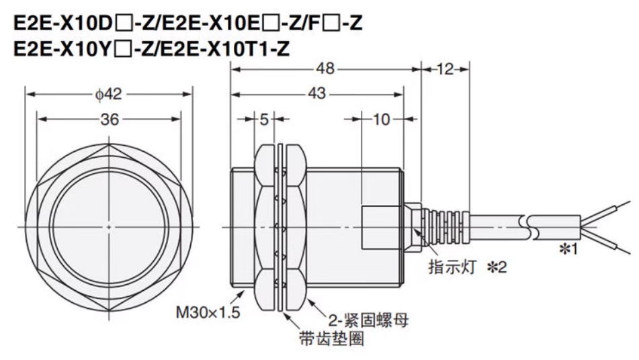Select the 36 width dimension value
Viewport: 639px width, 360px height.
tap(109, 120)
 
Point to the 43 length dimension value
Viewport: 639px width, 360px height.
tap(316, 95)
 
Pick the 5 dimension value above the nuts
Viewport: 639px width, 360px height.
tap(264, 120)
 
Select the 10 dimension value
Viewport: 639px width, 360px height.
tap(381, 120)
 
